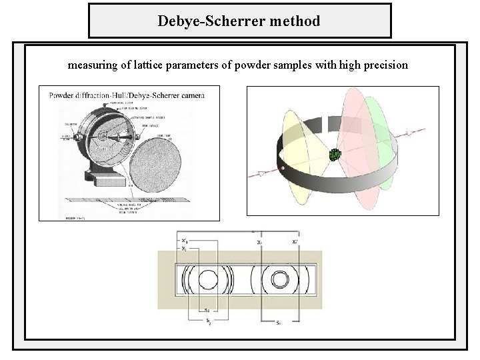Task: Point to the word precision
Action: pos(385,66)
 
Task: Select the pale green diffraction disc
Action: pos(383,133)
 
